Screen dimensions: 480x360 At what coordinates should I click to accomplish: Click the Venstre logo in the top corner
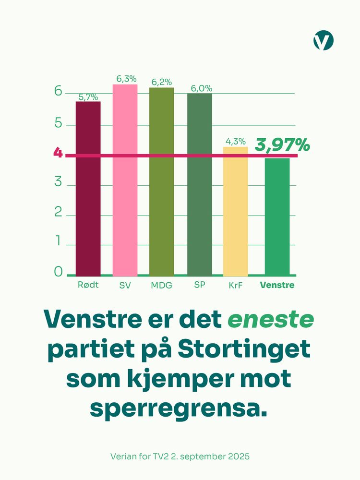[x=323, y=40]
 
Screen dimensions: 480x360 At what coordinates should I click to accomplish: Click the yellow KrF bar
[x=236, y=211]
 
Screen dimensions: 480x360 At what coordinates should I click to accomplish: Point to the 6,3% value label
[x=125, y=79]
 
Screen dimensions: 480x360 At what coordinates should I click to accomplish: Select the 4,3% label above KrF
[x=236, y=142]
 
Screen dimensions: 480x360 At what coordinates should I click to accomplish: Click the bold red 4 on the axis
[x=58, y=154]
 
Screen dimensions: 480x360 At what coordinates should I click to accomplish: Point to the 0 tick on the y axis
[x=59, y=272]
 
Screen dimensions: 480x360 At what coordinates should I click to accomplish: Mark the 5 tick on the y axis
[x=59, y=123]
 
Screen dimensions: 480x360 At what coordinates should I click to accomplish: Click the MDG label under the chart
[x=162, y=285]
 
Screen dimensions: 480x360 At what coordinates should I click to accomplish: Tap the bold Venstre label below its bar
[x=277, y=285]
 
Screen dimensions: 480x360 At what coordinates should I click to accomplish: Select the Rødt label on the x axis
[x=88, y=285]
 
